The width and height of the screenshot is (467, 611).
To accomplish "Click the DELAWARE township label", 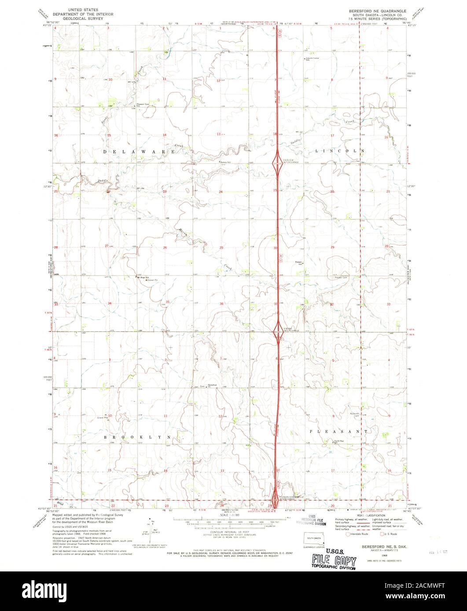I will [140, 152].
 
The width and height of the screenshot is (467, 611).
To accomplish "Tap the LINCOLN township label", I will [340, 151].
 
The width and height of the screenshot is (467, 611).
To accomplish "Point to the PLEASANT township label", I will [338, 432].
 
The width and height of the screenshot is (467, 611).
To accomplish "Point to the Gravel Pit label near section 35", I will [152, 280].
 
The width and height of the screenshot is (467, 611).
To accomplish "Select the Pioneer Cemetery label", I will [342, 277].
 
